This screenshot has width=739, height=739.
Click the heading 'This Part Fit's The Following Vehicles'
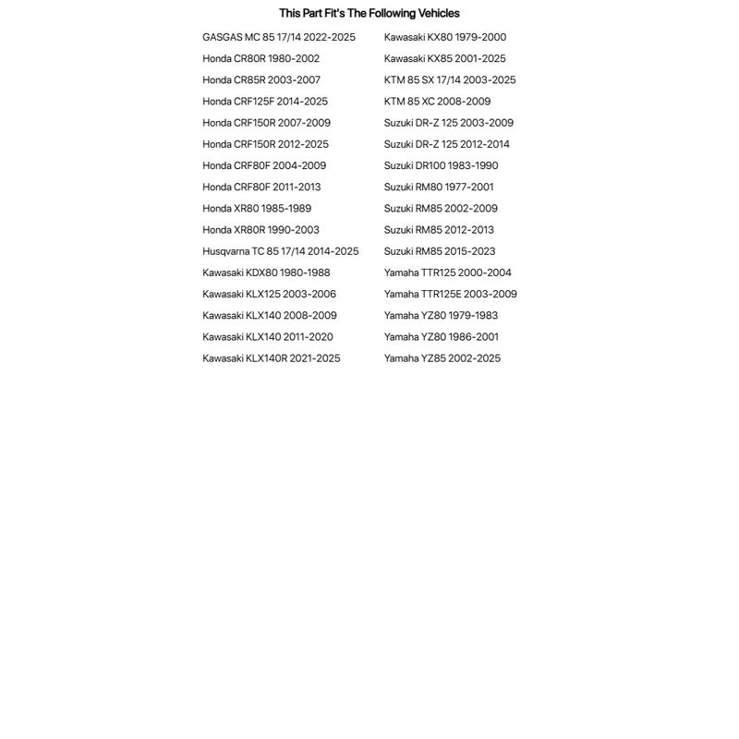click(x=369, y=13)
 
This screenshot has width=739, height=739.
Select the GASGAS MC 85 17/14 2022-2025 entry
click(x=278, y=37)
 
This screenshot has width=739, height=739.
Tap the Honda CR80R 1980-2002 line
click(x=260, y=58)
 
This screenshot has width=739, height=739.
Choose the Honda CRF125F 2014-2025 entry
click(x=264, y=102)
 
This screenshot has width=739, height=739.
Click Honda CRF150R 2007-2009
click(x=266, y=123)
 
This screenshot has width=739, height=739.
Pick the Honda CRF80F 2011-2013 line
click(x=261, y=187)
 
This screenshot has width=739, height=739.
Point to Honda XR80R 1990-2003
click(x=260, y=230)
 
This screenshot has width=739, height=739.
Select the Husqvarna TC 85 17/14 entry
click(x=280, y=251)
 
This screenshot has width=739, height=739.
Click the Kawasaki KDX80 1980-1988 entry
click(x=266, y=273)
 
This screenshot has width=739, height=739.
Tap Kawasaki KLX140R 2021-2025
click(x=271, y=358)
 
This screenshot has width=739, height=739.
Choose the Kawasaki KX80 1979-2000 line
click(x=444, y=37)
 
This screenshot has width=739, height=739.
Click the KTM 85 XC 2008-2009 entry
click(x=437, y=102)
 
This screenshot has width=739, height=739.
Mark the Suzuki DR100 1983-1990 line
click(x=441, y=165)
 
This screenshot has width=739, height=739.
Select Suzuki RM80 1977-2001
click(x=439, y=187)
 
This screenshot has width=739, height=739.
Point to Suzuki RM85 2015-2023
click(x=439, y=251)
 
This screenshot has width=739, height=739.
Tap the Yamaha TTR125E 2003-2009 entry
click(x=450, y=294)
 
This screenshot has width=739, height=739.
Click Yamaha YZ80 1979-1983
click(x=441, y=315)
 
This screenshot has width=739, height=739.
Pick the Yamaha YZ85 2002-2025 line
click(x=442, y=358)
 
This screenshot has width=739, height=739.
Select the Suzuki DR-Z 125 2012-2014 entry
click(x=446, y=144)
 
